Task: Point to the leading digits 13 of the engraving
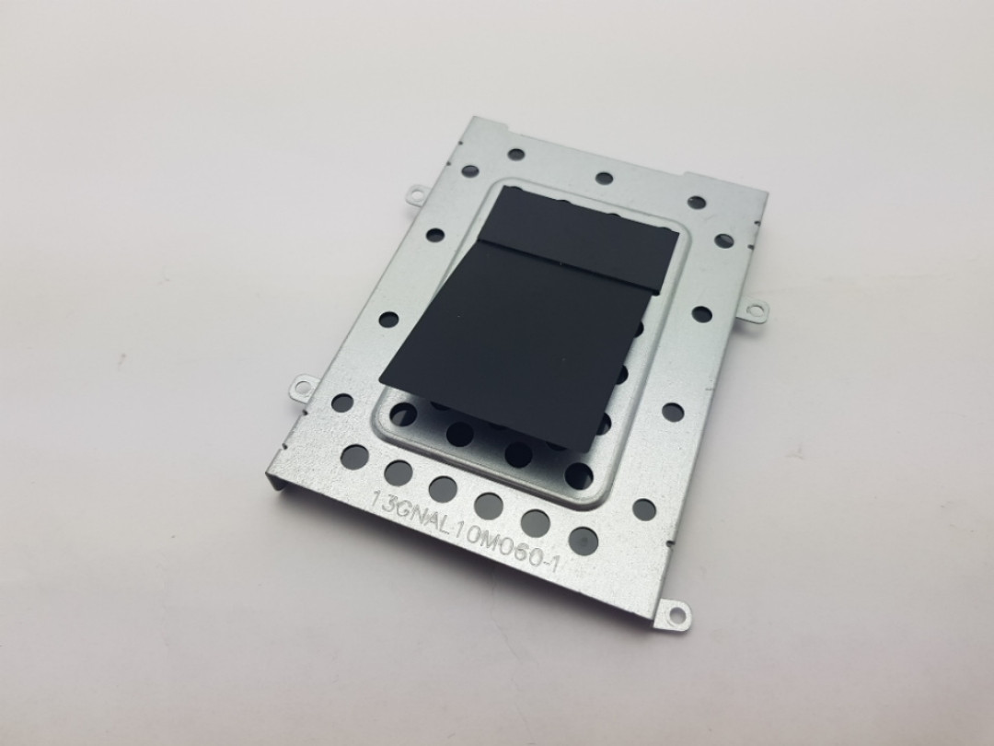[x=382, y=501]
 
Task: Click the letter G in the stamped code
[x=405, y=507]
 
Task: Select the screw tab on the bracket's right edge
[x=757, y=310]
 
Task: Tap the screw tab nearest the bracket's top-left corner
[x=416, y=192]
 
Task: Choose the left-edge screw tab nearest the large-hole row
[x=300, y=389]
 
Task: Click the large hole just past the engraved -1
[x=583, y=541]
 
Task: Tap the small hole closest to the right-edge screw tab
[x=702, y=314]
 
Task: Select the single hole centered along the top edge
[x=604, y=179]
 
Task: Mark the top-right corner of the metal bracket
[x=766, y=195]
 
